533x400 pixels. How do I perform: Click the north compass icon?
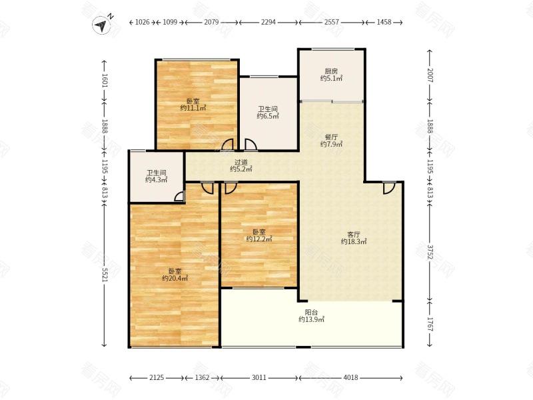click(x=101, y=25)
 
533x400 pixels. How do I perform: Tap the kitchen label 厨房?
click(x=331, y=71)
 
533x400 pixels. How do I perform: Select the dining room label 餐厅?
click(x=331, y=137)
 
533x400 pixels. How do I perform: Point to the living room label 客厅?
click(x=354, y=235)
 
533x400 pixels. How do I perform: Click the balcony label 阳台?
click(x=311, y=312)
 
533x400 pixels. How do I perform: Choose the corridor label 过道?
click(x=241, y=162)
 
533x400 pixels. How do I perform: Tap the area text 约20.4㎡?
click(x=175, y=278)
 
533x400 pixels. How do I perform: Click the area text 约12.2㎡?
click(x=259, y=239)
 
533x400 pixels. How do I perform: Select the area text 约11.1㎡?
click(x=193, y=108)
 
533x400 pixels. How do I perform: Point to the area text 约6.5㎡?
click(x=268, y=116)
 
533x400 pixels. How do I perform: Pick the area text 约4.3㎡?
click(x=157, y=179)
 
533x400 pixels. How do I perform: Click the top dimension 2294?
click(x=268, y=22)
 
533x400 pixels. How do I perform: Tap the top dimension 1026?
click(x=143, y=22)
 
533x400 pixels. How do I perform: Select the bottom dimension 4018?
click(x=350, y=377)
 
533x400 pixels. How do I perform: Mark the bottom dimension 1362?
click(x=203, y=377)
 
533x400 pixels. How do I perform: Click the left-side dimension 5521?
click(x=104, y=274)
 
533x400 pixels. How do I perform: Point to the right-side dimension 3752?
click(x=430, y=251)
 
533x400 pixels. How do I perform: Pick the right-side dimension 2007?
click(x=430, y=75)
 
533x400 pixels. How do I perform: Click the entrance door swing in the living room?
click(x=389, y=188)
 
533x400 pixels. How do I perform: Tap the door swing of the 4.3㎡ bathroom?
click(x=179, y=196)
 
